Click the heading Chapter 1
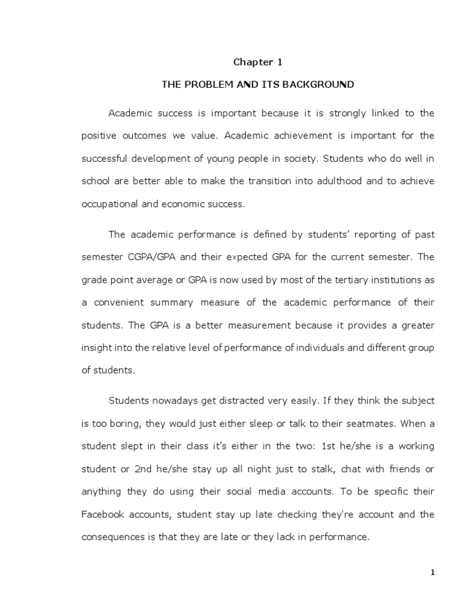(257, 62)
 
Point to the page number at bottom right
(432, 572)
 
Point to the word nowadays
(173, 400)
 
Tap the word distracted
(244, 400)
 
